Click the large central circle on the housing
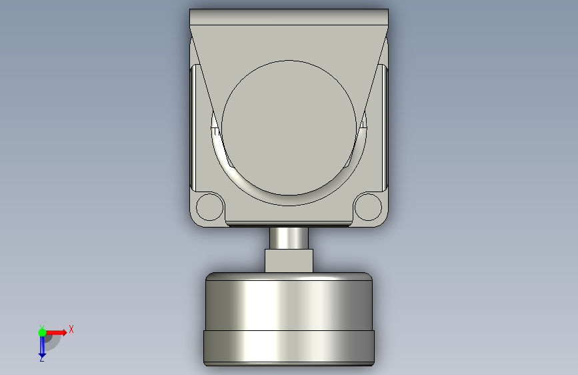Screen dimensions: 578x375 [x=289, y=127]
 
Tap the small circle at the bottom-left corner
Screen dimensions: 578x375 [x=210, y=207]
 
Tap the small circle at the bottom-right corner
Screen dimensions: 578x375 [x=368, y=207]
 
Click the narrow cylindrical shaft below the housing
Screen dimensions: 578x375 [x=289, y=238]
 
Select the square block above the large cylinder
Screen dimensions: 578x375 [x=289, y=261]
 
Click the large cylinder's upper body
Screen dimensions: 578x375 [x=289, y=305]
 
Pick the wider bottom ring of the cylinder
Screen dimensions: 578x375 [x=289, y=346]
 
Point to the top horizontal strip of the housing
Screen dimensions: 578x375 [x=289, y=17]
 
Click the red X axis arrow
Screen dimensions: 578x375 [x=55, y=332]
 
